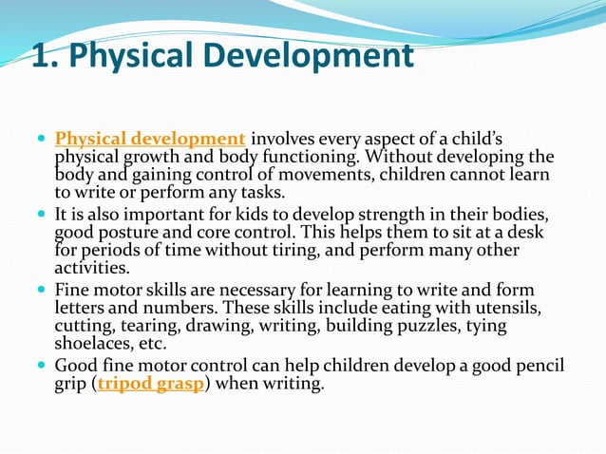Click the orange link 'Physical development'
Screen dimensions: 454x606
point(150,140)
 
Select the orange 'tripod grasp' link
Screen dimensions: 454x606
point(151,386)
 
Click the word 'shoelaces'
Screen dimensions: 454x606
point(94,344)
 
